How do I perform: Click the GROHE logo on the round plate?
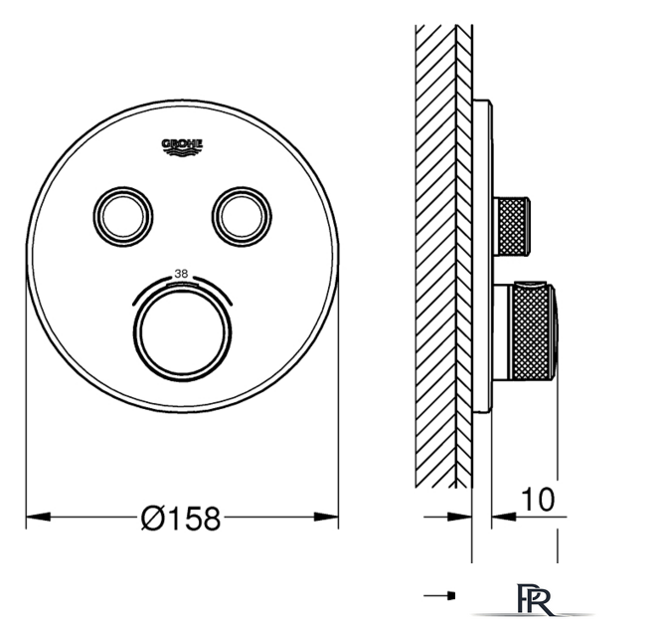[182, 147]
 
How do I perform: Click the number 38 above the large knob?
[181, 274]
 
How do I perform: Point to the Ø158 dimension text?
[181, 519]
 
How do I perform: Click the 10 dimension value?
[538, 500]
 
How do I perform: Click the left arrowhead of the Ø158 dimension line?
[38, 517]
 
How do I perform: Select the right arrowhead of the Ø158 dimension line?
[326, 517]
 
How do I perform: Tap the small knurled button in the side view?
[512, 227]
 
